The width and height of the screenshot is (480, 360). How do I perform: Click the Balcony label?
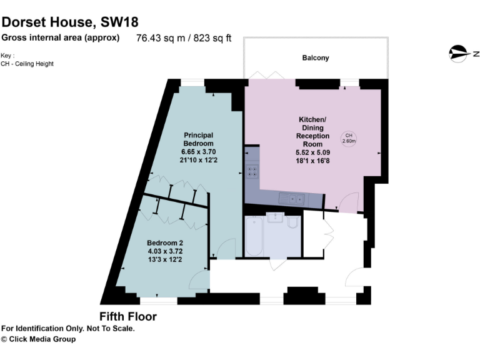(315, 58)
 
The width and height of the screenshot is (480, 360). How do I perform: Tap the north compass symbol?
(459, 54)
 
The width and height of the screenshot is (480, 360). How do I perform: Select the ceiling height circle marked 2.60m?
(349, 138)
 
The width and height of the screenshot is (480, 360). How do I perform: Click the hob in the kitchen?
(252, 171)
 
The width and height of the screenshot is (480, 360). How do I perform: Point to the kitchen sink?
(292, 199)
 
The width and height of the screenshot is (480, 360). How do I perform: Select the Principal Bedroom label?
(198, 139)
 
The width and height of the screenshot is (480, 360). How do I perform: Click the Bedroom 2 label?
(165, 242)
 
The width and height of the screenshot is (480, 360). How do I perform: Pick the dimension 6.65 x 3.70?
(198, 151)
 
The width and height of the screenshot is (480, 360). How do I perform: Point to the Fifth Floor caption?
(128, 317)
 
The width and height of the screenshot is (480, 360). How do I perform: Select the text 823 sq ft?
(212, 38)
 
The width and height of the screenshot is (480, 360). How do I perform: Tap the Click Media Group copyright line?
(38, 339)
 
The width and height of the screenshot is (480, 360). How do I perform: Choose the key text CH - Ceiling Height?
(27, 63)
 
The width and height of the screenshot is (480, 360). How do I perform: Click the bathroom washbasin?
(276, 218)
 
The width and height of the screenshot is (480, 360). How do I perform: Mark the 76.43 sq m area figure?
(157, 38)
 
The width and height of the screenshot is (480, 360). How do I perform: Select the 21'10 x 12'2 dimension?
(198, 160)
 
